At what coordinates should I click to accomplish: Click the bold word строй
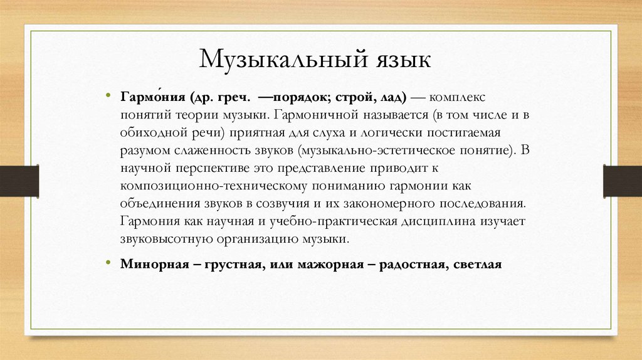click(x=355, y=99)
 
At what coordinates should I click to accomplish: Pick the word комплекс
click(x=459, y=99)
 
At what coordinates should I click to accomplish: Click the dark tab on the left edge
click(x=19, y=180)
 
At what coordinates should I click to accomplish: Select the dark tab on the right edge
click(x=622, y=180)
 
